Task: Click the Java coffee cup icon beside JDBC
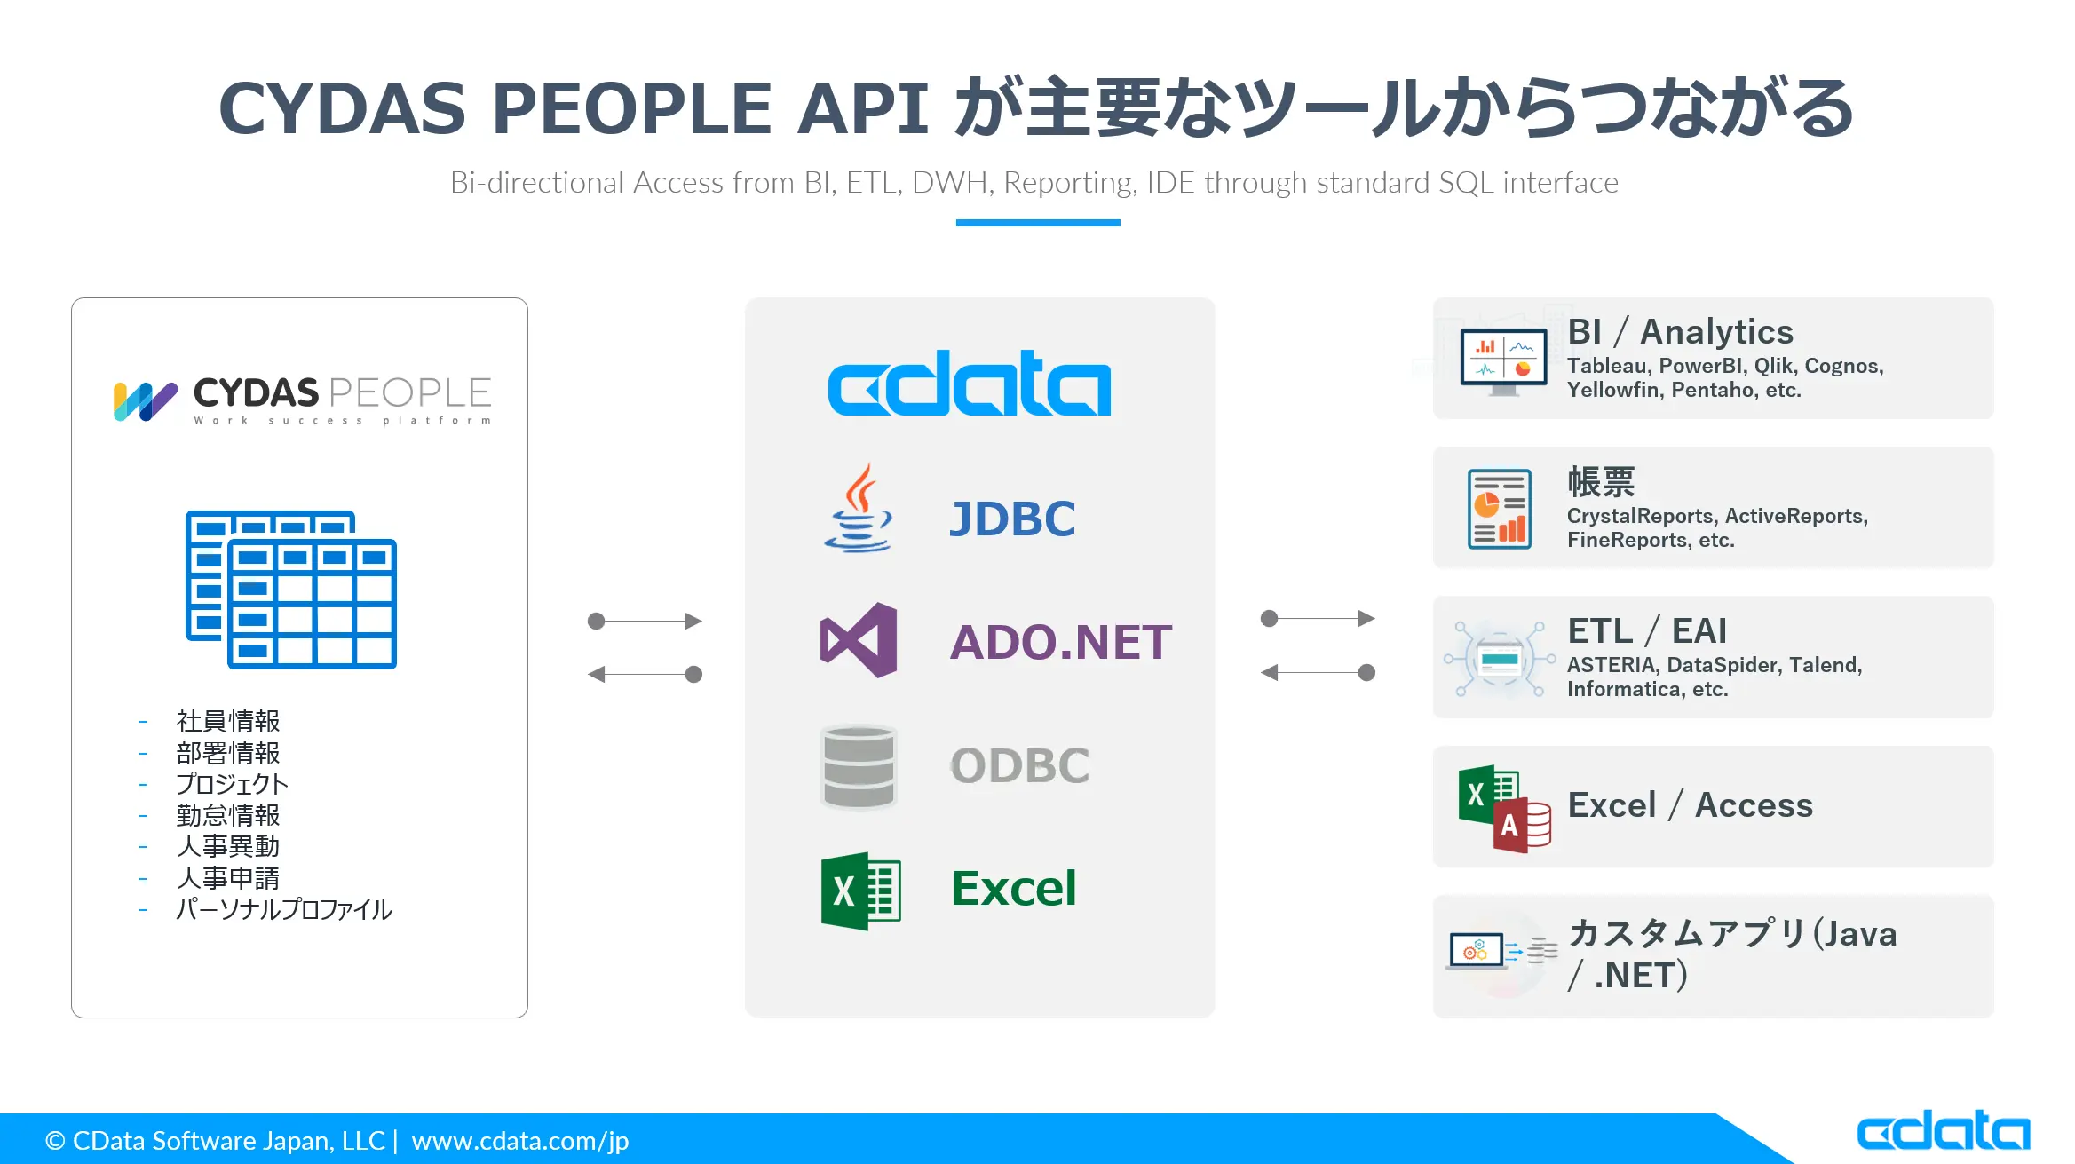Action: [x=859, y=508]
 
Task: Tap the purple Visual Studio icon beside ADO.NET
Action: [x=859, y=640]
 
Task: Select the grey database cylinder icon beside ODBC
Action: [x=859, y=766]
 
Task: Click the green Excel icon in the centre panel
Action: [x=860, y=891]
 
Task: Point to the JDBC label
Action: [x=1012, y=519]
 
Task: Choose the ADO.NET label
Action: [x=1061, y=642]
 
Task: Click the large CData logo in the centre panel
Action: [x=970, y=383]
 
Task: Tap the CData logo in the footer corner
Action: [x=1944, y=1130]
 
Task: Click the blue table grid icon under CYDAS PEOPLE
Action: [x=291, y=590]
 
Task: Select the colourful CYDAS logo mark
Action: [x=145, y=401]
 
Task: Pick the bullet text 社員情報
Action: [x=228, y=721]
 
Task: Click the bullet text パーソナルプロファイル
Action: [x=284, y=909]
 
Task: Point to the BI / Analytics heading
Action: [x=1681, y=332]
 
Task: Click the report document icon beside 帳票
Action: [x=1500, y=509]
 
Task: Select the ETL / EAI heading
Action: [x=1647, y=631]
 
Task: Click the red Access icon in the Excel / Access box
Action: [x=1523, y=826]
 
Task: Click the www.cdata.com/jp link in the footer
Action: [x=520, y=1141]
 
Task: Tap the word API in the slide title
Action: [x=862, y=108]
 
